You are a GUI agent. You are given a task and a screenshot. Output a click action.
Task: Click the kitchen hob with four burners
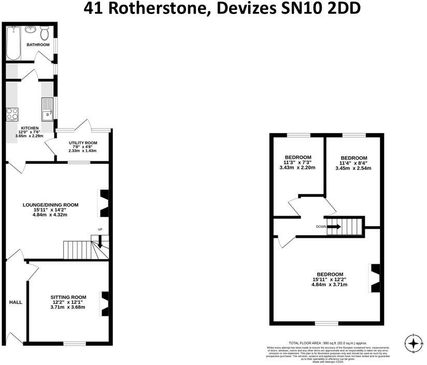[x=12, y=114]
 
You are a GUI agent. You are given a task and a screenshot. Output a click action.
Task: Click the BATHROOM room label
[x=38, y=45]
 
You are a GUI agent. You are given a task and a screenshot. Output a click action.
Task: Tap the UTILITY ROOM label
[x=83, y=143]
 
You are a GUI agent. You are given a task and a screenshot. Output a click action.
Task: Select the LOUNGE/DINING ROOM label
[x=50, y=205]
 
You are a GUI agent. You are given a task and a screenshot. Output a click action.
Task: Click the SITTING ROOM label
[x=67, y=297]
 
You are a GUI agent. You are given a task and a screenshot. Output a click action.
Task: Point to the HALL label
[x=16, y=301]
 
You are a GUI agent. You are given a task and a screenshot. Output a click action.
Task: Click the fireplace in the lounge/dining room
[x=105, y=203]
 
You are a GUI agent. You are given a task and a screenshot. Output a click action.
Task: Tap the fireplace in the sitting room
[x=105, y=303]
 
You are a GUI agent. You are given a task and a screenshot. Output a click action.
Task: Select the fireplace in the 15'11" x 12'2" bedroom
[x=375, y=278]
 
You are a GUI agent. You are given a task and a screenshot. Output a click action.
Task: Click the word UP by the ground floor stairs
[x=100, y=229]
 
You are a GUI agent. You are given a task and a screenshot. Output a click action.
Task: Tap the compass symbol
[x=413, y=343]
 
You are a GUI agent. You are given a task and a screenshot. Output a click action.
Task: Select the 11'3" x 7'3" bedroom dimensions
[x=298, y=162]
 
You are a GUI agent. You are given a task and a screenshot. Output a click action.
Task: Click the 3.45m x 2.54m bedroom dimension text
[x=353, y=168]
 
